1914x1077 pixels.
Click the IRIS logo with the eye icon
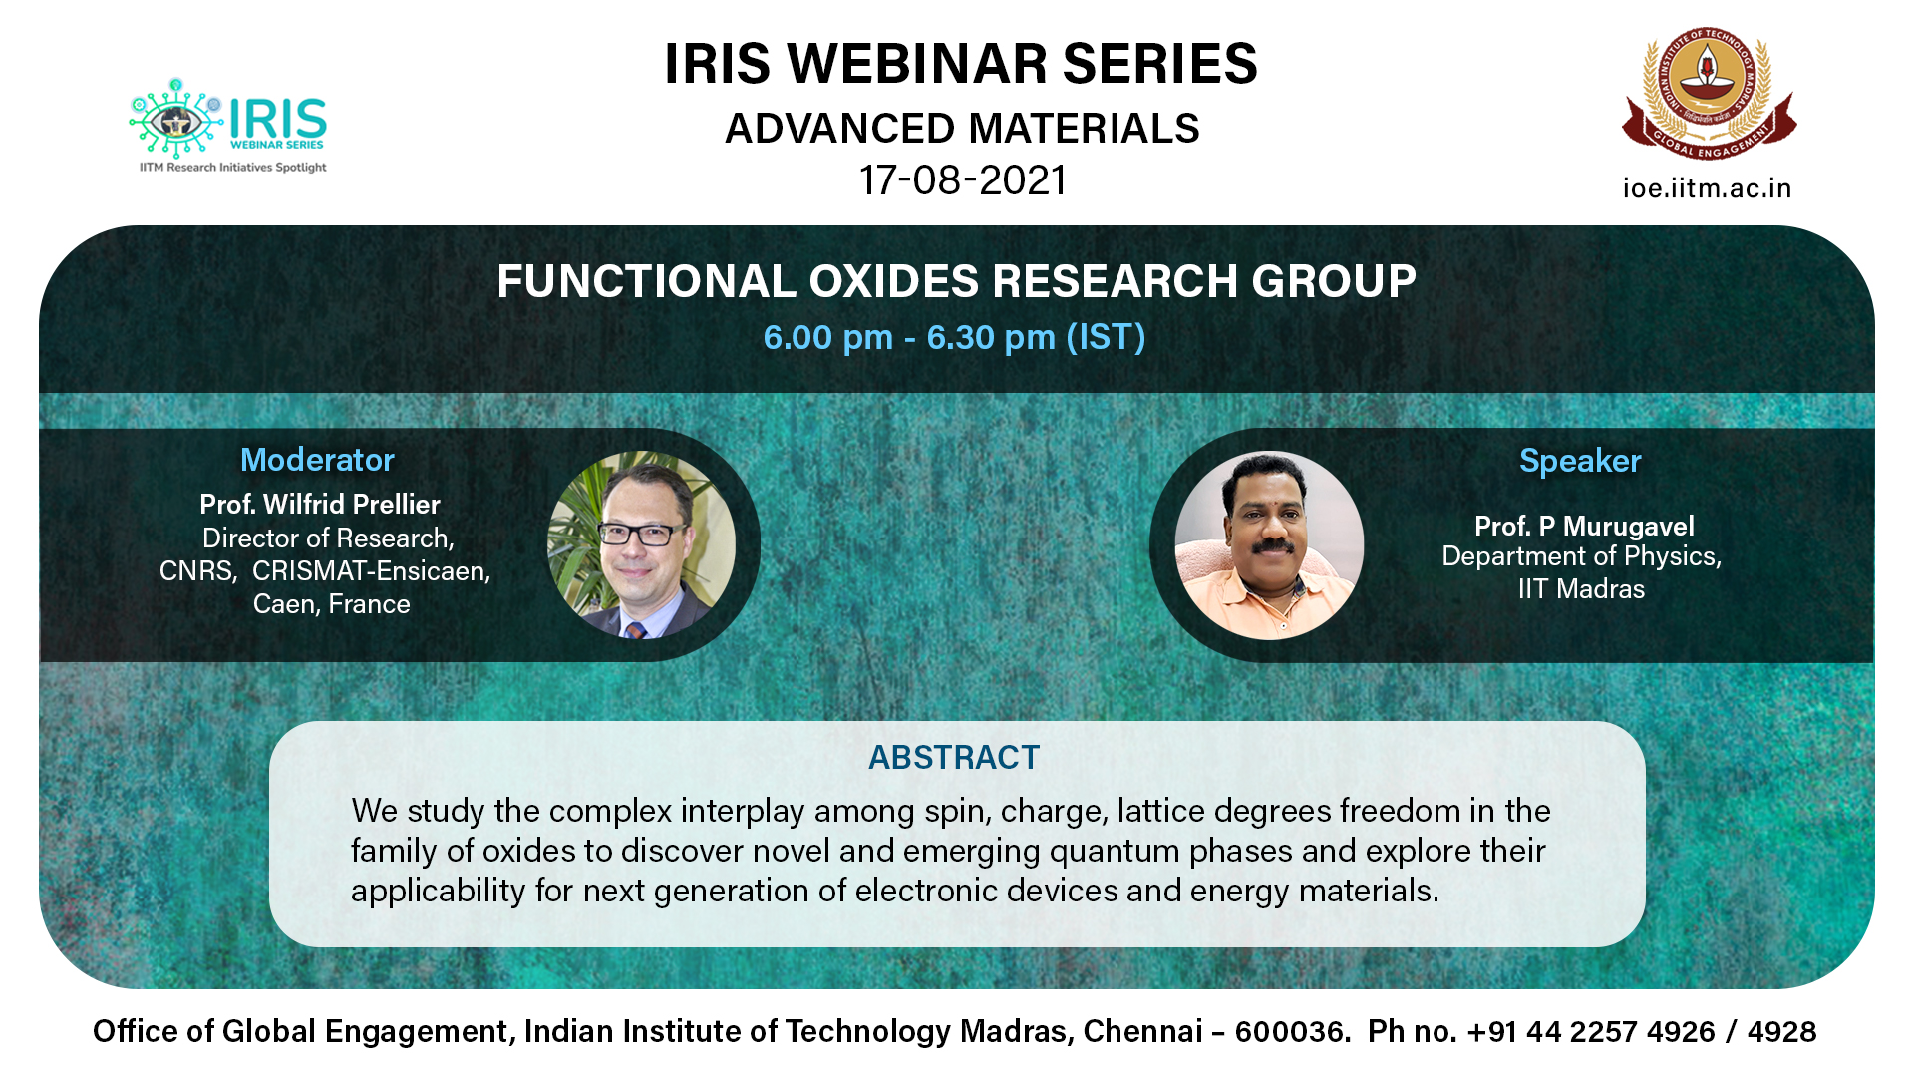pos(228,126)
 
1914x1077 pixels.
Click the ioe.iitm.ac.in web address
pos(1707,188)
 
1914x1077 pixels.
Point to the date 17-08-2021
pos(963,180)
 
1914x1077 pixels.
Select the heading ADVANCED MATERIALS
pos(962,129)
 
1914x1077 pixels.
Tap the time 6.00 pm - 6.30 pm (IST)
pos(954,337)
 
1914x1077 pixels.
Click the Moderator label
pos(317,460)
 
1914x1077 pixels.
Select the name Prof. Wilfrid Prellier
pos(320,504)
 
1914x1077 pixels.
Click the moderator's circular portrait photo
pos(641,544)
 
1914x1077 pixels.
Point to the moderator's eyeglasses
pos(641,534)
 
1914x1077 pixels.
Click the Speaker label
pos(1580,461)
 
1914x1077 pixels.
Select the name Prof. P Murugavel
pos(1584,526)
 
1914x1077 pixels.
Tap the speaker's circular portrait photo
pos(1269,545)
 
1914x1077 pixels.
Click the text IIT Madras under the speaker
pos(1581,589)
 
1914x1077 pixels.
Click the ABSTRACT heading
pos(954,758)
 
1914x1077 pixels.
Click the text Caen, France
pos(332,604)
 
